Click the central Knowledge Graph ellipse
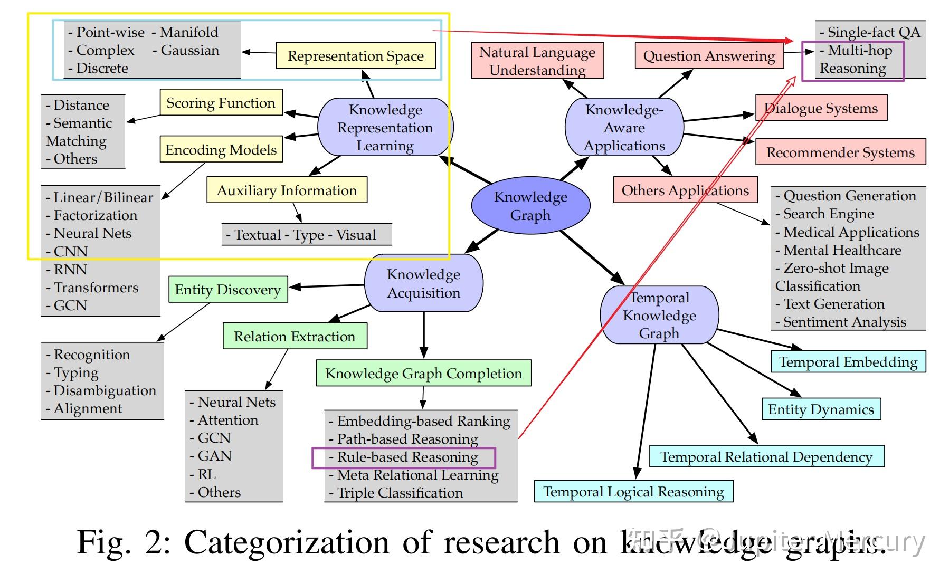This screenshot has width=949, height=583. pos(530,206)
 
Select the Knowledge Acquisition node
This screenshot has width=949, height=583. pos(424,283)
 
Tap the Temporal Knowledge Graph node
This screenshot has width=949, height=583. pos(659,316)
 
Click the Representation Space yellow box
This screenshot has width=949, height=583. pos(355,56)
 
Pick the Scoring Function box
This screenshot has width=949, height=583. pos(221,103)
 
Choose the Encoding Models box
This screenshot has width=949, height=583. pos(221,150)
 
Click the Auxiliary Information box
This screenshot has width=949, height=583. pos(287,190)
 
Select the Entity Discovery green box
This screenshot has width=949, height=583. pos(227,290)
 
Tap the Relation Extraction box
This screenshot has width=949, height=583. pos(295,337)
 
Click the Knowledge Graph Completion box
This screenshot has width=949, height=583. pos(423,374)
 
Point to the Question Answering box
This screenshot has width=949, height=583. pos(709,56)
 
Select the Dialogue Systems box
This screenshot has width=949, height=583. pos(821,108)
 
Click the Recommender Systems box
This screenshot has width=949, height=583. pos(840,152)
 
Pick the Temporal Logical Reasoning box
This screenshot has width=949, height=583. pos(633,492)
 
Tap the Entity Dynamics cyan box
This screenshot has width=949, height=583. pos(821,409)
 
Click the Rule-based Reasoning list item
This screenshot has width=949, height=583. pos(407,457)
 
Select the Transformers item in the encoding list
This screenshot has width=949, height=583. pos(96,288)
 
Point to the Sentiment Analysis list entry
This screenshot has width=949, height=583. pos(844,322)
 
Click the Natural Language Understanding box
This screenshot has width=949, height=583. pos(537,61)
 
